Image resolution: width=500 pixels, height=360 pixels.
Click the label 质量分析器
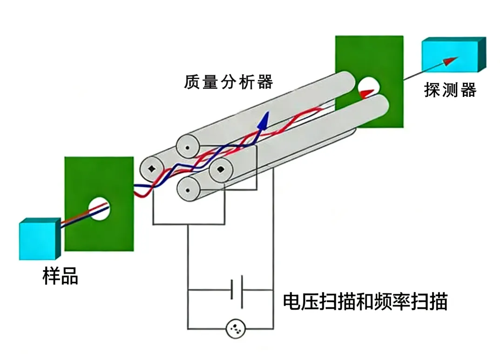228,82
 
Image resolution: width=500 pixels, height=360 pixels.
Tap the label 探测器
450,90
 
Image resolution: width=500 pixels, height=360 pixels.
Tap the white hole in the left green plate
100,209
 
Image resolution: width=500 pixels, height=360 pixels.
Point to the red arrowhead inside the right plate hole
367,92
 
